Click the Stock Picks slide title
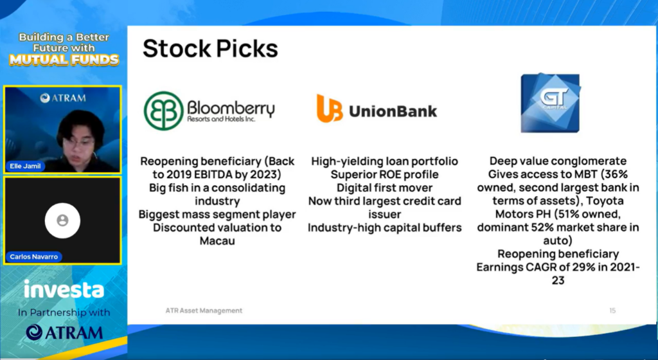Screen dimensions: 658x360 point(210,49)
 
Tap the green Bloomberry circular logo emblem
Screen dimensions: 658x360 point(164,111)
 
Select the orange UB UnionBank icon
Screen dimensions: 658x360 point(330,108)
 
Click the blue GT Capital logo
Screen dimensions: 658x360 point(551,103)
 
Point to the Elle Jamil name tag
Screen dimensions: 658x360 point(25,166)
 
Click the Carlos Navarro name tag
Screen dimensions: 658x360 point(33,256)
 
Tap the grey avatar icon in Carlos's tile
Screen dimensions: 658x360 point(62,221)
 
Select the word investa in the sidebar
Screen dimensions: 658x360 point(64,289)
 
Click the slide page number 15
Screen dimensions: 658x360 point(612,310)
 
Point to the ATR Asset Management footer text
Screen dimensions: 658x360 point(204,310)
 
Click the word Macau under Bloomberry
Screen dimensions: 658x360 point(217,241)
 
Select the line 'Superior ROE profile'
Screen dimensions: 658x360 point(384,175)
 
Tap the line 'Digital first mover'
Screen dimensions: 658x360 point(384,188)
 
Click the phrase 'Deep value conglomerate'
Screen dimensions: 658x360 point(558,161)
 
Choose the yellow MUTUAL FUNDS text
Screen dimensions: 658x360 point(64,60)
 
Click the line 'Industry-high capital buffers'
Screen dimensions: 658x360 point(384,228)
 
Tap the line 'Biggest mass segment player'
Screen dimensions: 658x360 point(217,215)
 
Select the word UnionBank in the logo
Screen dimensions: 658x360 point(393,111)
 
